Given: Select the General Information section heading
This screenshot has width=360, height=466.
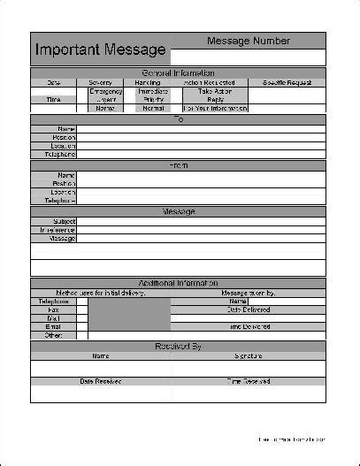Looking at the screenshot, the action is [x=178, y=73].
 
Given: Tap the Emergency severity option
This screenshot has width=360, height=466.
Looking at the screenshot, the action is [x=106, y=91].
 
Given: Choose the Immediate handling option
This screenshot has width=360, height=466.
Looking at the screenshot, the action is [x=153, y=91].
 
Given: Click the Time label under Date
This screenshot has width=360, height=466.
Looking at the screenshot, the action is [x=54, y=100].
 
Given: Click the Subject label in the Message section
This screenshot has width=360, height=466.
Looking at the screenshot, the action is [x=64, y=221].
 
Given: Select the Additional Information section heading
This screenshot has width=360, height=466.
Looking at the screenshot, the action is [x=178, y=283].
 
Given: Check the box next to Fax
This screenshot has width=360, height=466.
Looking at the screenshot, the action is [x=82, y=310].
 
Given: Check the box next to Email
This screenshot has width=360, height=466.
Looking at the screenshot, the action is [x=82, y=327].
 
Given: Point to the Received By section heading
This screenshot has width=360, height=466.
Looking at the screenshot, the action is [x=178, y=346].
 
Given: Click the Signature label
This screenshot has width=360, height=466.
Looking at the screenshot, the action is [x=249, y=355].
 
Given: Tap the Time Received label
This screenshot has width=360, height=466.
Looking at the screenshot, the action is [x=249, y=381].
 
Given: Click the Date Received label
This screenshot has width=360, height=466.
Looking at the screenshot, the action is [x=100, y=381].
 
